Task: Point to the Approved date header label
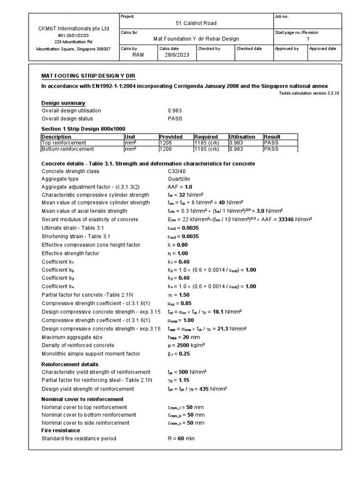point(323,49)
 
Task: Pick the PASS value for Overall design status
point(175,119)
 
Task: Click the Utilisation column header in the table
point(243,137)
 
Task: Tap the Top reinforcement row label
point(64,142)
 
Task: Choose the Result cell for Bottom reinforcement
point(271,149)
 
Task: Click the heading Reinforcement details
point(70,364)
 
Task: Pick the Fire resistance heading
point(60,430)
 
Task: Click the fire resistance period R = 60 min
point(180,439)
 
